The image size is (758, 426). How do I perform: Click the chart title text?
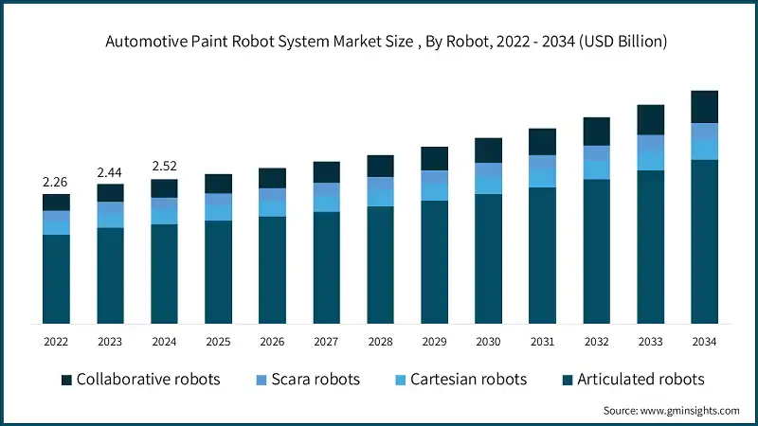click(379, 42)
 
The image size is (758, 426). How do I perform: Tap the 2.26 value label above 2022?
click(56, 182)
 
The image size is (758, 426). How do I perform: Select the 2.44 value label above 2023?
click(110, 172)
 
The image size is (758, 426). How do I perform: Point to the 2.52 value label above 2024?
click(164, 167)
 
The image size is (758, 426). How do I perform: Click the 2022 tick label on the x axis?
click(56, 342)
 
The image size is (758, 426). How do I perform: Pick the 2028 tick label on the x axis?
click(380, 342)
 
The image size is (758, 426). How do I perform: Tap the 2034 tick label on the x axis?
click(704, 342)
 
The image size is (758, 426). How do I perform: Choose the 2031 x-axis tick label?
click(542, 342)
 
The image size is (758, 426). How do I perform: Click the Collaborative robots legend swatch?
click(66, 380)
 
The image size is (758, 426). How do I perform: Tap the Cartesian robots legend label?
click(468, 380)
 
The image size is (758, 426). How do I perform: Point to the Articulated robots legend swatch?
click(567, 380)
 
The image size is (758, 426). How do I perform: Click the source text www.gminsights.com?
click(671, 410)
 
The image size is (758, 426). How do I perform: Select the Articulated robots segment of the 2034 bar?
click(704, 241)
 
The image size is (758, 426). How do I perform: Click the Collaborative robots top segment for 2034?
click(704, 106)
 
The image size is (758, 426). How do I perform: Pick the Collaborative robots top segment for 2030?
click(488, 150)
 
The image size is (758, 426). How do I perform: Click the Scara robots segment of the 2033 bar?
click(650, 143)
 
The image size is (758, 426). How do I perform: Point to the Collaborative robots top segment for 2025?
click(218, 184)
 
